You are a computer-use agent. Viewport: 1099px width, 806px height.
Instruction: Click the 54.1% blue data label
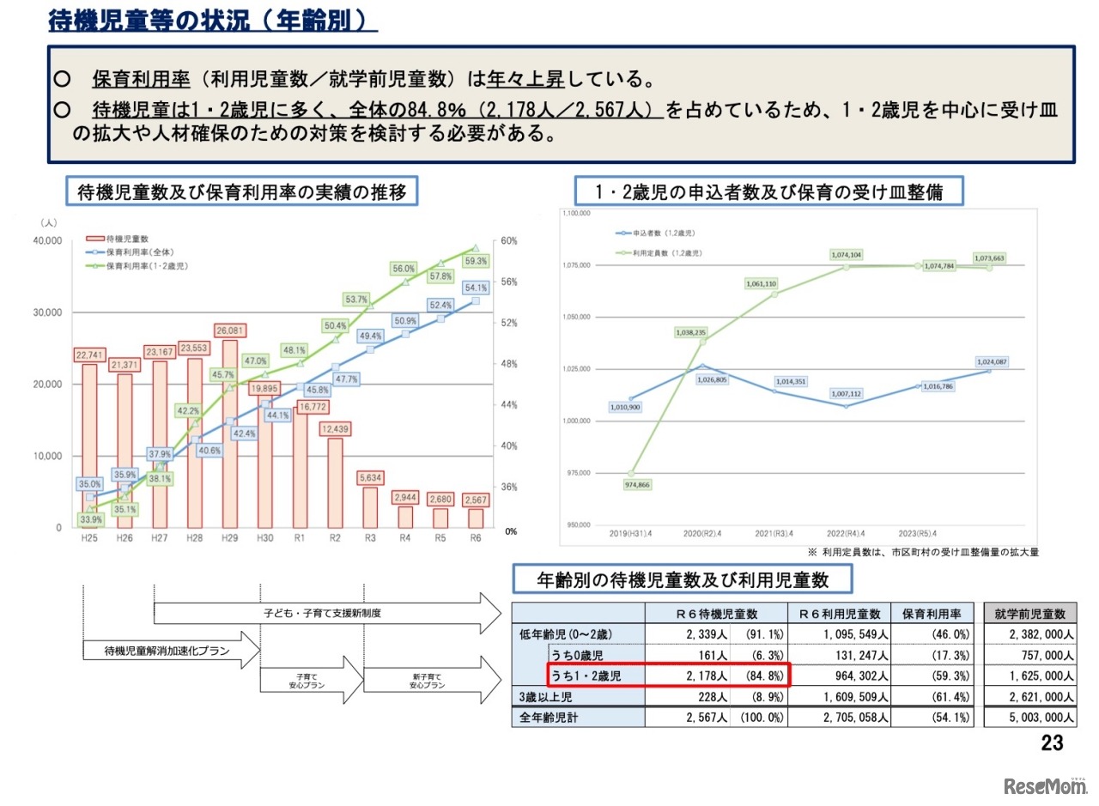point(475,288)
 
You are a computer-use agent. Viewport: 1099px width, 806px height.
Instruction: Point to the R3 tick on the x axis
point(369,537)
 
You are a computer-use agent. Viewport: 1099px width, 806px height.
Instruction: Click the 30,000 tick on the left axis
point(47,312)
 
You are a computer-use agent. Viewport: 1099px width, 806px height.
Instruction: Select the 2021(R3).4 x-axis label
point(774,534)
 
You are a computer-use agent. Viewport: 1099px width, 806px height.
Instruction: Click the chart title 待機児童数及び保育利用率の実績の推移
point(241,192)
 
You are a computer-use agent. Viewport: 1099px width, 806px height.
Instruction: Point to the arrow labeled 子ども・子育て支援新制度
point(326,614)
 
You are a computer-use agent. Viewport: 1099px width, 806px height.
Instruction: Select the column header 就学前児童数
point(1029,614)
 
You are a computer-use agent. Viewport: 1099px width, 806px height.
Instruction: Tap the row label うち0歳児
point(580,656)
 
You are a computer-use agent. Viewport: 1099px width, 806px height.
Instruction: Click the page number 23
point(1052,743)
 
